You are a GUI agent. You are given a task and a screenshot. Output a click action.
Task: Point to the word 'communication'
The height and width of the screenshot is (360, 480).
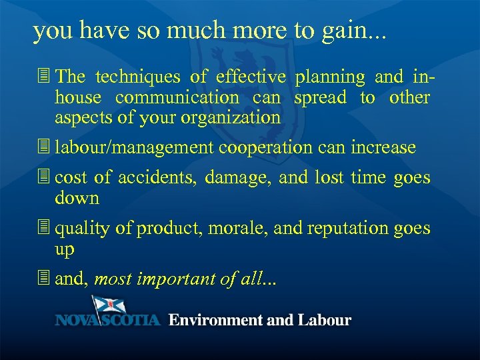[177, 97]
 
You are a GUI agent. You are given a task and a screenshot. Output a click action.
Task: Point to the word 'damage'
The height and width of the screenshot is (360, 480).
[237, 178]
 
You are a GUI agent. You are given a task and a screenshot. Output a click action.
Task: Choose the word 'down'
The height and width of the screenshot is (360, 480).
[77, 198]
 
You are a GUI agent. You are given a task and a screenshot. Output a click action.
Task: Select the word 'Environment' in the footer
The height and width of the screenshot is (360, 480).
[215, 320]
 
